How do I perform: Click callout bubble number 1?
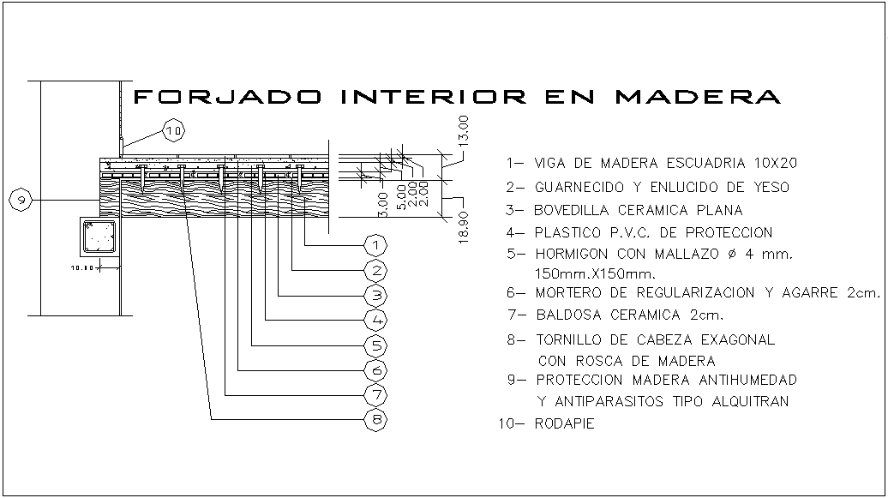coord(375,245)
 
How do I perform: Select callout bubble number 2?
coord(375,271)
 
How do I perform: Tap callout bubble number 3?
coord(375,296)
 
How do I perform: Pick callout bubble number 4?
coord(375,321)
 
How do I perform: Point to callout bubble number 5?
coord(375,345)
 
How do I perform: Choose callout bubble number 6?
coord(375,370)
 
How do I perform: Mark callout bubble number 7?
coord(375,395)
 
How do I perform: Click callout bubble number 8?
coord(375,420)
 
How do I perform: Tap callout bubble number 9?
coord(21,200)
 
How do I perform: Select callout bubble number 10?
coord(174,130)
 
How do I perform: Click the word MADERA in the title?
coord(698,96)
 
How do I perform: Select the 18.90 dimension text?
coord(464,227)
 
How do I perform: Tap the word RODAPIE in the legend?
coord(564,423)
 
